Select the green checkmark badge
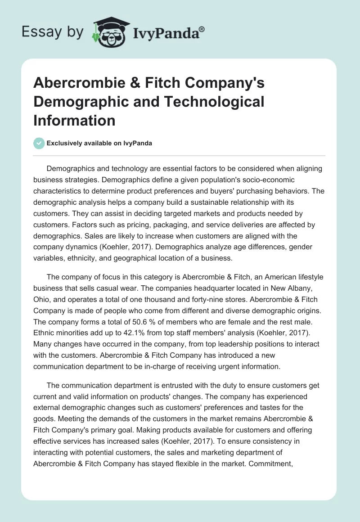pos(39,143)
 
